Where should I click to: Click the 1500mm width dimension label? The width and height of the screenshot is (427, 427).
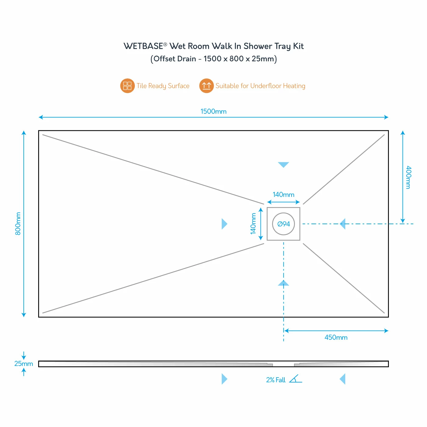click(213, 112)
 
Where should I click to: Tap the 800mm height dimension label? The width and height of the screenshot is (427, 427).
click(18, 224)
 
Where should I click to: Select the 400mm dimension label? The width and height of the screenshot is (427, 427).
click(408, 177)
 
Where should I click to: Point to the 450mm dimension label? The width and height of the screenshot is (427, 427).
click(336, 337)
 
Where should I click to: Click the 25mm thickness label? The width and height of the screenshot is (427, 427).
click(23, 364)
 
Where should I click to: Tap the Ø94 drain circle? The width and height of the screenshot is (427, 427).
click(283, 224)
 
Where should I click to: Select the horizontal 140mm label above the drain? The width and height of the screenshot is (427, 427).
click(283, 195)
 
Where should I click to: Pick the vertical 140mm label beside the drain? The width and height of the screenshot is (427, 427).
click(253, 224)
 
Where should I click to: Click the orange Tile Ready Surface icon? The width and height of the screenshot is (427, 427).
click(127, 86)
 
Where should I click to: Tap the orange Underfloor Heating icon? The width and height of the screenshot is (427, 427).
click(206, 86)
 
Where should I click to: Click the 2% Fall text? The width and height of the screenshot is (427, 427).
click(276, 380)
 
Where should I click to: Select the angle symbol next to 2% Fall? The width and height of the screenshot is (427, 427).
click(295, 379)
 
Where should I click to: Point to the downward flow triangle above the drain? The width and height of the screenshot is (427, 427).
click(283, 165)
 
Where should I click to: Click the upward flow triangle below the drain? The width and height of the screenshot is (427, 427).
click(283, 283)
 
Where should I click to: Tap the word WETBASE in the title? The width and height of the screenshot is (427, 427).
click(143, 46)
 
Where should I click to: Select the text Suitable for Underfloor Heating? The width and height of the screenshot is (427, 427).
click(260, 86)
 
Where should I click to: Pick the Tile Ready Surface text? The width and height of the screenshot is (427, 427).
click(163, 86)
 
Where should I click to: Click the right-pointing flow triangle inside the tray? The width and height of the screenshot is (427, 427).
click(224, 224)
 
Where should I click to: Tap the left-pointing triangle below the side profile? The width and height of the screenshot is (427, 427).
click(343, 379)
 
